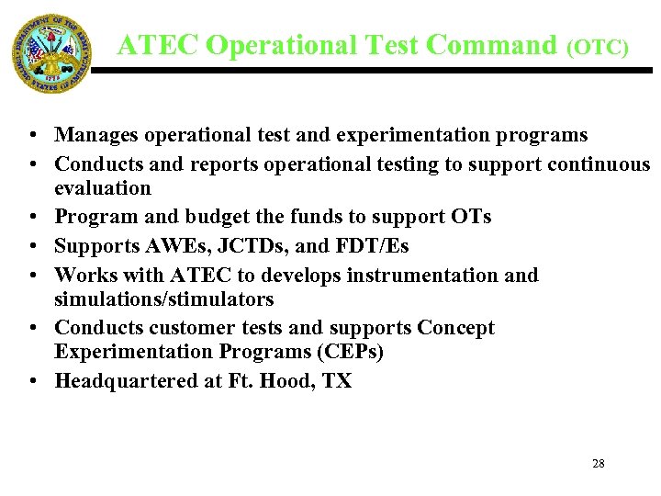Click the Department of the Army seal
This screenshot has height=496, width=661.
coord(51,53)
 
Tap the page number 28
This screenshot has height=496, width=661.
coord(598,464)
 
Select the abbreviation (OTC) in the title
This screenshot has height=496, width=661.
coord(597,47)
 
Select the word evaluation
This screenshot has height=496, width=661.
coord(103,188)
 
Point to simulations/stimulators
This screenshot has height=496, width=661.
coord(164,299)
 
